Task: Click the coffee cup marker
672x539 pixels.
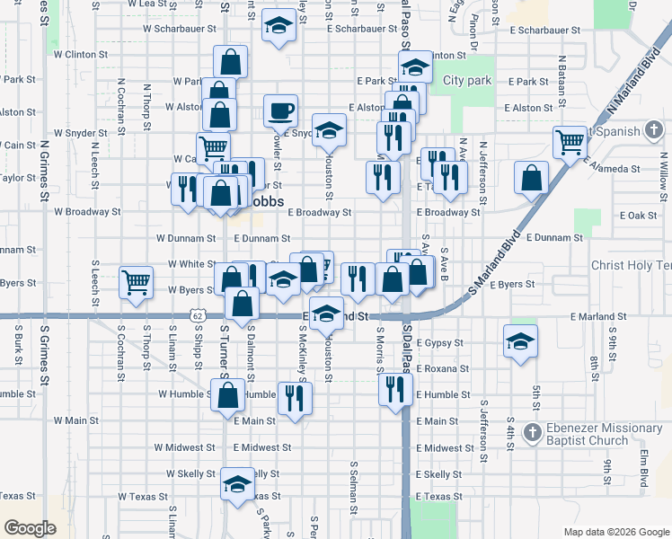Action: point(280,111)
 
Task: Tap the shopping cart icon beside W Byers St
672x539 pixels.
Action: point(136,283)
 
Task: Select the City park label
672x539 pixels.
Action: point(467,81)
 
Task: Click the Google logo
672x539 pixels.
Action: point(30,528)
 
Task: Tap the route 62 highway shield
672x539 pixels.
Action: point(198,316)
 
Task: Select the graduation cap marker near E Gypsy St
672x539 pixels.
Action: point(518,342)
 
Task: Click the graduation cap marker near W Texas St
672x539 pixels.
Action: point(236,484)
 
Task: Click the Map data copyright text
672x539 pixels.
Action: point(615,532)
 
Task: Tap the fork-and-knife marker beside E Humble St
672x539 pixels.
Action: point(395,389)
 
